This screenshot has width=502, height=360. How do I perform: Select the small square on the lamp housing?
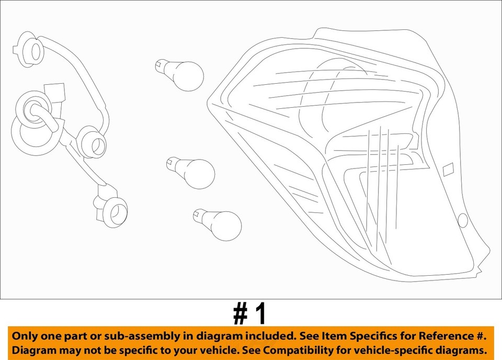click(x=448, y=170)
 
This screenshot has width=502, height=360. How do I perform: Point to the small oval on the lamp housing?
click(x=463, y=220)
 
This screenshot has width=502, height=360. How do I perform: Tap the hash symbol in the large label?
click(x=240, y=314)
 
